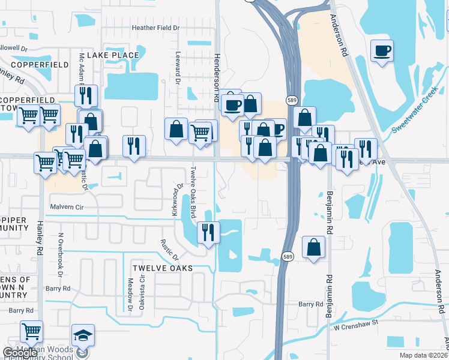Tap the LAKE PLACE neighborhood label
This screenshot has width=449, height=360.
113,55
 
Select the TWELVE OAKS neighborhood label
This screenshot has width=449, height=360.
163,268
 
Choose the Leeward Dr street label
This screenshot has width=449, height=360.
178,76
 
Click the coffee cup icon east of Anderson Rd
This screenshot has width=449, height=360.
382,51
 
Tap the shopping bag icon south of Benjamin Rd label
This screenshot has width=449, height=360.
313,247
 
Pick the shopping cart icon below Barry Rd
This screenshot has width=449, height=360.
32,331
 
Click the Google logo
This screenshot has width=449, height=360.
19,353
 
